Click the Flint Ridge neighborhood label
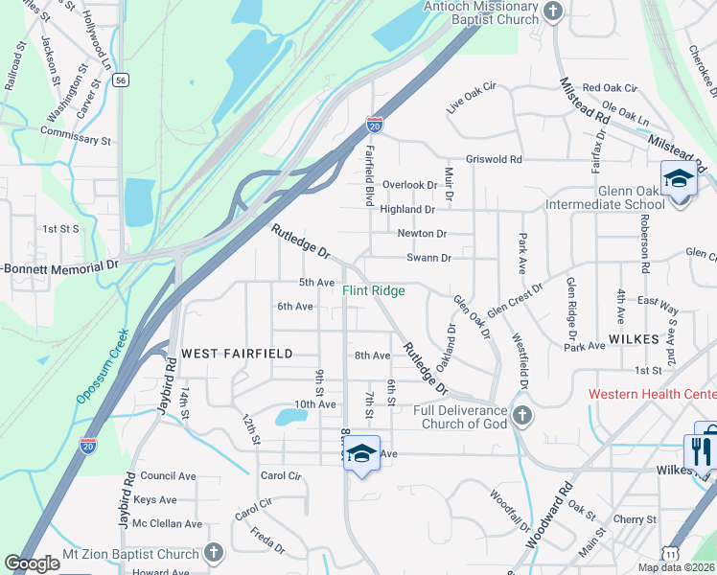click(374, 290)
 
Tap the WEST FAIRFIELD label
click(237, 354)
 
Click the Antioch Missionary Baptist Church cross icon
click(551, 12)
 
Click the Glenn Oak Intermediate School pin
click(679, 179)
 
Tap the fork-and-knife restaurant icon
click(698, 449)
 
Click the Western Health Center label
click(652, 394)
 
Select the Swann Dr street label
click(428, 258)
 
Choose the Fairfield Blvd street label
click(369, 175)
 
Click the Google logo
click(32, 563)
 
